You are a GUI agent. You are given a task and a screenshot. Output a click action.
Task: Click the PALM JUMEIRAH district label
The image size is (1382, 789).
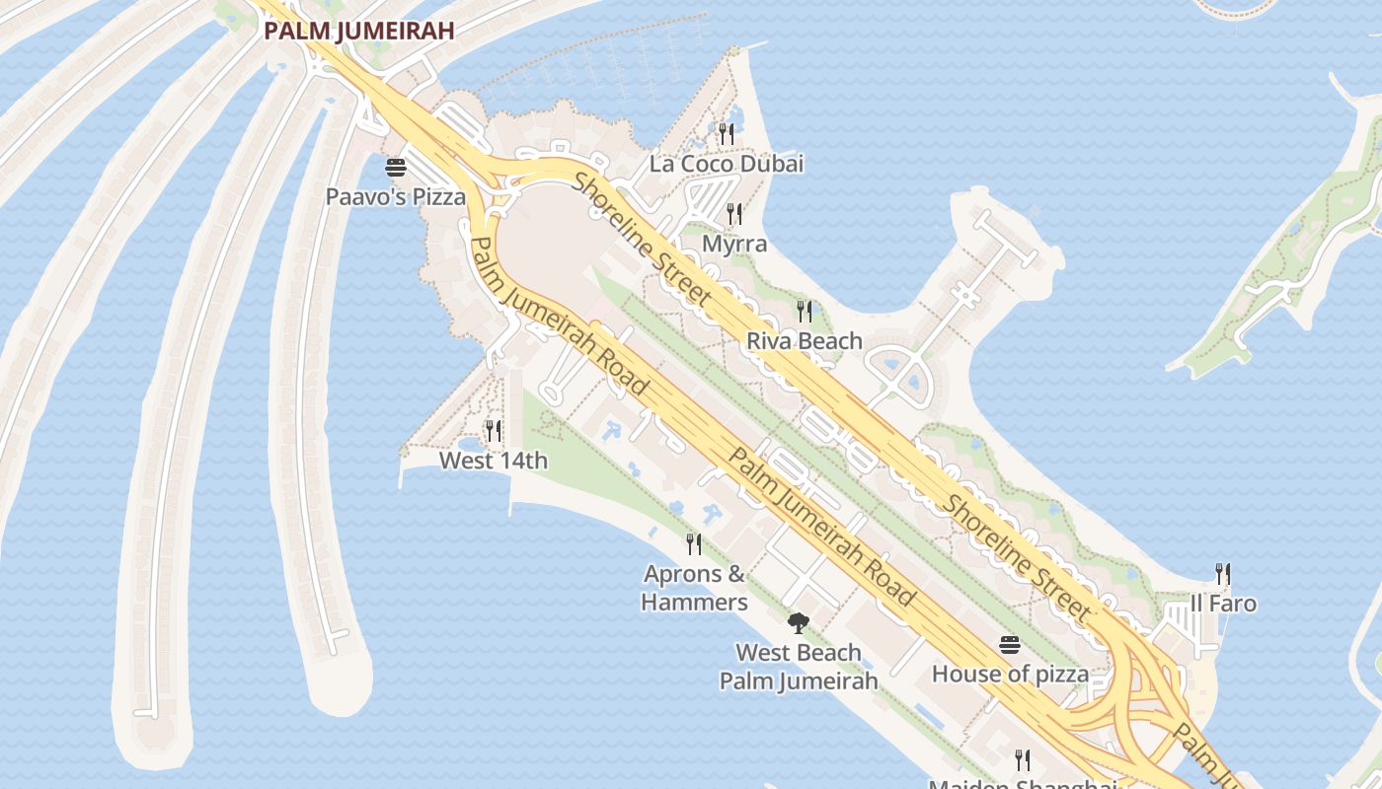pyautogui.click(x=359, y=31)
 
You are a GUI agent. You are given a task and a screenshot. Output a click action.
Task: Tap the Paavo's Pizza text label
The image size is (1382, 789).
pyautogui.click(x=396, y=196)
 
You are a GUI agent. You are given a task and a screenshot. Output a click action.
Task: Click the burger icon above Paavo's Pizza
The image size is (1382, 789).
pyautogui.click(x=396, y=167)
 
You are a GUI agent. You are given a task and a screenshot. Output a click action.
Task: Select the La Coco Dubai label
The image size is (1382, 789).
pyautogui.click(x=727, y=164)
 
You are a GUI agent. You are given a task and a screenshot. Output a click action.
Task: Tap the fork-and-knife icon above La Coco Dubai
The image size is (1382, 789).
pyautogui.click(x=727, y=133)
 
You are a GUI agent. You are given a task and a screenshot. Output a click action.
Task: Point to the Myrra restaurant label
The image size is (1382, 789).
pyautogui.click(x=734, y=243)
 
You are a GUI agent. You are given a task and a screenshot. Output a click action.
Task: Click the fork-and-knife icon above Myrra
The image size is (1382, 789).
pyautogui.click(x=734, y=213)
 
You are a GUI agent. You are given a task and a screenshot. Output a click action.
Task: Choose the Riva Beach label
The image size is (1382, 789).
pyautogui.click(x=805, y=341)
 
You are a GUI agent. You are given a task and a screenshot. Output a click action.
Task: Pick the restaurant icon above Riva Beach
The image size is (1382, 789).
pyautogui.click(x=805, y=312)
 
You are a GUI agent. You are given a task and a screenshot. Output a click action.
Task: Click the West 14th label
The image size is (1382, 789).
pyautogui.click(x=494, y=461)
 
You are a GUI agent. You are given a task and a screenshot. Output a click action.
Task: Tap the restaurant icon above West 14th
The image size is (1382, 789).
pyautogui.click(x=494, y=431)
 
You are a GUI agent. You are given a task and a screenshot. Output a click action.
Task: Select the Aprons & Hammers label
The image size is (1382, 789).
pyautogui.click(x=694, y=588)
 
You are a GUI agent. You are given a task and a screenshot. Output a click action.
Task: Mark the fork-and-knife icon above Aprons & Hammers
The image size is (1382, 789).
pyautogui.click(x=694, y=543)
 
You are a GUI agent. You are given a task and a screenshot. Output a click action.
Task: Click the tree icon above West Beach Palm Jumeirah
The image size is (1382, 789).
pyautogui.click(x=799, y=623)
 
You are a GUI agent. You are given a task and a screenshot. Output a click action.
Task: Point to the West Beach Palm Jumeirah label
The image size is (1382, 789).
pyautogui.click(x=799, y=667)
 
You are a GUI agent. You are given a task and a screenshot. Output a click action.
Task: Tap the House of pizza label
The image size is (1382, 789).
pyautogui.click(x=1011, y=675)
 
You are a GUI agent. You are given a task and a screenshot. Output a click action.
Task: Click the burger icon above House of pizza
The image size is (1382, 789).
pyautogui.click(x=1009, y=645)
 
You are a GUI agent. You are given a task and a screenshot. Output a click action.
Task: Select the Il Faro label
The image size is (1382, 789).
pyautogui.click(x=1223, y=603)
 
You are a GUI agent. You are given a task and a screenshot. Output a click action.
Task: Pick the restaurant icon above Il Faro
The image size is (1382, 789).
pyautogui.click(x=1223, y=573)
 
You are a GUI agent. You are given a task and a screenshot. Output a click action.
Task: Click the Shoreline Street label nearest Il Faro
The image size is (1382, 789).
pyautogui.click(x=1017, y=557)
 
